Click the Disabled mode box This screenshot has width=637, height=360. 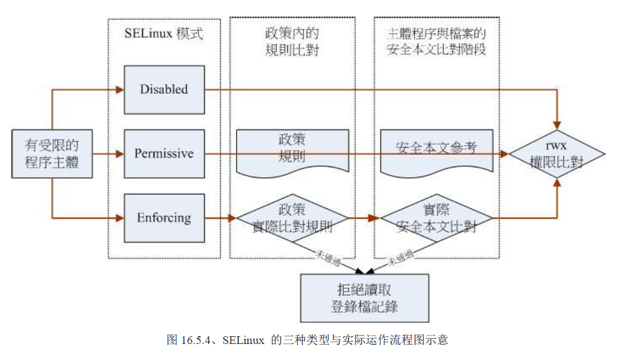click(164, 90)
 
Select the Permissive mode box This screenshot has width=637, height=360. click(164, 154)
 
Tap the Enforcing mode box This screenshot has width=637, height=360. click(164, 218)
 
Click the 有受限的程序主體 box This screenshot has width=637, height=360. click(52, 153)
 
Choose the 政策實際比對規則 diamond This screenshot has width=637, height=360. click(292, 218)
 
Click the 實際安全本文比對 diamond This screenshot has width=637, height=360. click(437, 218)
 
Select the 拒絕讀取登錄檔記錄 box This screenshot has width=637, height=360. click(364, 298)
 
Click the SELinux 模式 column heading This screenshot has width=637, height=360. click(164, 34)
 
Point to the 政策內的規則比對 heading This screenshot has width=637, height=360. click(292, 41)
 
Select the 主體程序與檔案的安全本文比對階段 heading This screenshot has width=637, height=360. click(437, 41)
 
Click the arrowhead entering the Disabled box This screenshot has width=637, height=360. click(120, 90)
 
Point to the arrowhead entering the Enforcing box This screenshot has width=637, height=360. click(120, 218)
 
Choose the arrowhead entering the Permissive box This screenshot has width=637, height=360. click(120, 154)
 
